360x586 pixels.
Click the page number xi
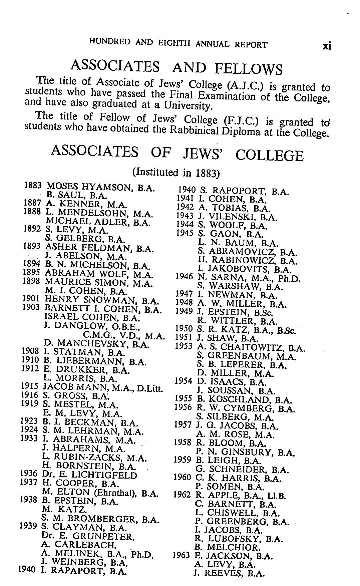(x=327, y=46)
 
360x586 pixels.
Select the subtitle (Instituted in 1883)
(x=176, y=173)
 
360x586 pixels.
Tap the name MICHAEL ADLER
(x=88, y=221)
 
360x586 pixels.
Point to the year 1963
(x=181, y=556)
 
